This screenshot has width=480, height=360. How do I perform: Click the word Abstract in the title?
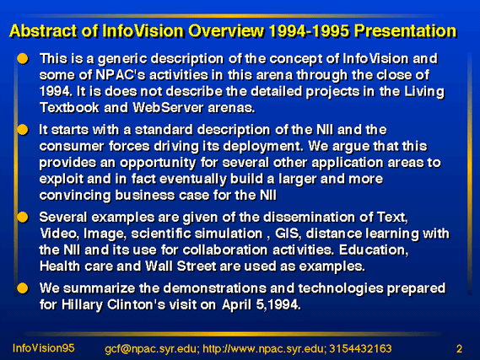(x=44, y=31)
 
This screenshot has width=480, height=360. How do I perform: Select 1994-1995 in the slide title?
(x=310, y=31)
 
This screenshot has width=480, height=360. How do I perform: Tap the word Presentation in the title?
(x=406, y=31)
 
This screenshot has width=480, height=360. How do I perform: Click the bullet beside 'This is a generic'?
(x=23, y=58)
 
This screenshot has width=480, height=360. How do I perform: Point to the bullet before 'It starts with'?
(x=23, y=130)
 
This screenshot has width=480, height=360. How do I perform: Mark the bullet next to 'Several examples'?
(x=23, y=218)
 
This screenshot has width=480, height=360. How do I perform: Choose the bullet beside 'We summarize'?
(x=23, y=288)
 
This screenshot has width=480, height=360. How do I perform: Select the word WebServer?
(x=168, y=108)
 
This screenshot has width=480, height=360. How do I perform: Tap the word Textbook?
(x=69, y=108)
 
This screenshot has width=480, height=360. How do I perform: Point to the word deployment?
(x=263, y=147)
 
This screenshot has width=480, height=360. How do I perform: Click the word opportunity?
(x=158, y=164)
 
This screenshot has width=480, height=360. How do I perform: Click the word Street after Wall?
(x=197, y=266)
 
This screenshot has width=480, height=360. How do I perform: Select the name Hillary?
(x=82, y=305)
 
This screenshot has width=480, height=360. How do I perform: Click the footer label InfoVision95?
(x=44, y=348)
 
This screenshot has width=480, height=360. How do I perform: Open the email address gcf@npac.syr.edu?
(x=152, y=349)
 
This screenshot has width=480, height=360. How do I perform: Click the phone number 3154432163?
(x=360, y=349)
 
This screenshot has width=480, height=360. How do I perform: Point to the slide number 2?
(x=459, y=349)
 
